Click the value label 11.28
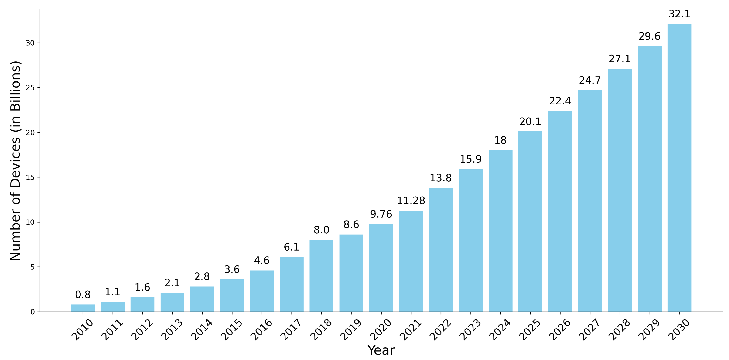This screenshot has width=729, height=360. click(411, 201)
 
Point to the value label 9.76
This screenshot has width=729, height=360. click(381, 214)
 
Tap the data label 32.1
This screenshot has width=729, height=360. click(679, 14)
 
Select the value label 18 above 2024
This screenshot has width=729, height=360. click(500, 140)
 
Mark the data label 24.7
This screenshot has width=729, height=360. click(590, 80)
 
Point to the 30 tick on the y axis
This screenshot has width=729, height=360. click(30, 43)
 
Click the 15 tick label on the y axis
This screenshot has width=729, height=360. click(30, 177)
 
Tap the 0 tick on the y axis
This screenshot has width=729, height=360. click(33, 312)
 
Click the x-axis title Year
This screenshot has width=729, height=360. click(381, 350)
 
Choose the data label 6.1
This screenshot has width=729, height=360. click(292, 247)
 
